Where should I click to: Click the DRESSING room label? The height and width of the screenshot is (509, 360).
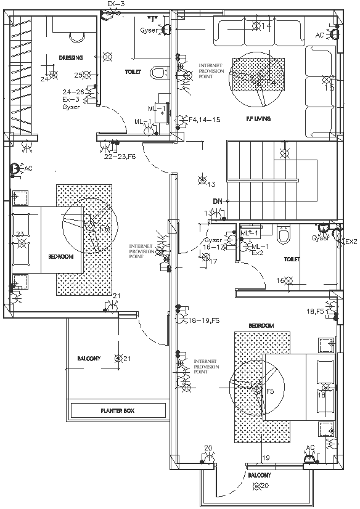[71, 57]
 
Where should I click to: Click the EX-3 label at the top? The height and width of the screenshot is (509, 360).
[116, 4]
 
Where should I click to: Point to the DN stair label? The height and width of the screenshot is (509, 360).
[217, 202]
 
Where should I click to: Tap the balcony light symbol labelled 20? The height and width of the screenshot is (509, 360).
[257, 487]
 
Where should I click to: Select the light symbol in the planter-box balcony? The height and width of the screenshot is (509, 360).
[118, 358]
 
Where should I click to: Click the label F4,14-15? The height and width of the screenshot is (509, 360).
[204, 120]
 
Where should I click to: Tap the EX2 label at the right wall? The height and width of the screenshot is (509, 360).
[351, 242]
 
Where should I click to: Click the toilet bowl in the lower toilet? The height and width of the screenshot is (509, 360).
[284, 235]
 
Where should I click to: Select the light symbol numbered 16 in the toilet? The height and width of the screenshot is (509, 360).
[287, 281]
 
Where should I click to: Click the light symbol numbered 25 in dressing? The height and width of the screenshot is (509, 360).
[87, 75]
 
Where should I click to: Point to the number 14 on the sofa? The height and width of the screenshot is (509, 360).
[266, 26]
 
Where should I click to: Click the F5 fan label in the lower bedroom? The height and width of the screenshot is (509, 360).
[269, 391]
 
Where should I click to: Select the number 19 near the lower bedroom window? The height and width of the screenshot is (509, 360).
[266, 457]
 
